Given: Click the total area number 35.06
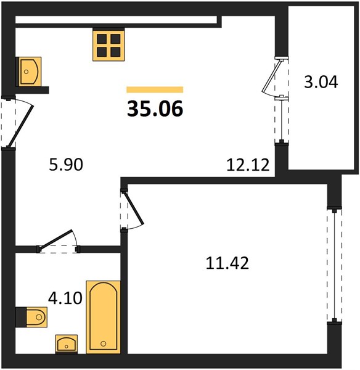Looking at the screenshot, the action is point(155,109).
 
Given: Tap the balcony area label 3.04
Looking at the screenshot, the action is point(321,82).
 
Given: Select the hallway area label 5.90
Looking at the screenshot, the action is point(66,165).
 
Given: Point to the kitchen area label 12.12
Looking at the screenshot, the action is point(248,165).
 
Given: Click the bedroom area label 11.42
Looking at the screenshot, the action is point(227,263).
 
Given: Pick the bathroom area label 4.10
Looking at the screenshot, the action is point(65,298).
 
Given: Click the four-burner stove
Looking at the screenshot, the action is point(108,44).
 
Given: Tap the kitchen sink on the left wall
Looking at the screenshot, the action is point(28,72).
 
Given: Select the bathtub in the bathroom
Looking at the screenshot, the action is point(104,317).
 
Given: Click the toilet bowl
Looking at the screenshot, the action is point(36,317).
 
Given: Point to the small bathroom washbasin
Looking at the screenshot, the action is point(67,344).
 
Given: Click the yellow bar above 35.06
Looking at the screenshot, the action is point(155,89).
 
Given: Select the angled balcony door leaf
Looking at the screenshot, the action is point(272,75).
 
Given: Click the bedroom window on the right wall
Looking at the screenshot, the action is point(334,265).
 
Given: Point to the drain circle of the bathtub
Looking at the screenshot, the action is point(104,343).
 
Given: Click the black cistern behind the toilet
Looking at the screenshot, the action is point(21,317).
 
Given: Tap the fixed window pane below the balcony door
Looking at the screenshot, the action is point(282,120).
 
